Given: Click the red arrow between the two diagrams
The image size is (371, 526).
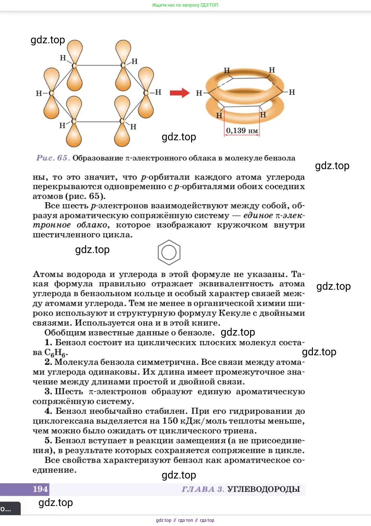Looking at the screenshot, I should tap(180, 93).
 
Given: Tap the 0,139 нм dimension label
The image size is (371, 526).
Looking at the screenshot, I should tap(242, 131).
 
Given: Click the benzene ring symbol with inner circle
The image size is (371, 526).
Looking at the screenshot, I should tap(169, 252).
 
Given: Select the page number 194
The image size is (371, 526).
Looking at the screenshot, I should tap(40, 489).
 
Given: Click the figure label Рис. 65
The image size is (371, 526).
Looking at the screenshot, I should tap(53, 158).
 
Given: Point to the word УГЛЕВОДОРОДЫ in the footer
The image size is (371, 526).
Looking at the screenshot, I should tap(264, 489).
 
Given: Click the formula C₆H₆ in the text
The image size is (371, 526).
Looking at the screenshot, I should tap(56, 353).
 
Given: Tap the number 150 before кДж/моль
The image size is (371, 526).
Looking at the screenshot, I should tap(170, 421).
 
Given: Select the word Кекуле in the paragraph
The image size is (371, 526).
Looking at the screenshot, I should tap(234, 313).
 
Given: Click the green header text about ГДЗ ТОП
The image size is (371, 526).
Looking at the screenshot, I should tap(185, 5).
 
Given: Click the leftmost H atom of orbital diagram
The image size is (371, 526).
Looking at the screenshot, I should tap(38, 93).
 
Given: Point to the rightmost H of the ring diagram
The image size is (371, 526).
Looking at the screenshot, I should tap(292, 92).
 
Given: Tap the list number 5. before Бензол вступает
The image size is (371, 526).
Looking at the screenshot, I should tap(49, 440).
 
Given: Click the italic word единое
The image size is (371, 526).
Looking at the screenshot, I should tap(258, 215).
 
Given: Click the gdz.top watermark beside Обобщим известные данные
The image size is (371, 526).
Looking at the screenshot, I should tap(238, 332).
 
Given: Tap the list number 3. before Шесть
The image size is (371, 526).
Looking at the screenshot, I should tap(49, 392).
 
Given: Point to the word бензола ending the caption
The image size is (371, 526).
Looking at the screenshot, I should tap(280, 158).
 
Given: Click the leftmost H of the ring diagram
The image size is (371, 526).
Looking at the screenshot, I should tap(199, 93).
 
